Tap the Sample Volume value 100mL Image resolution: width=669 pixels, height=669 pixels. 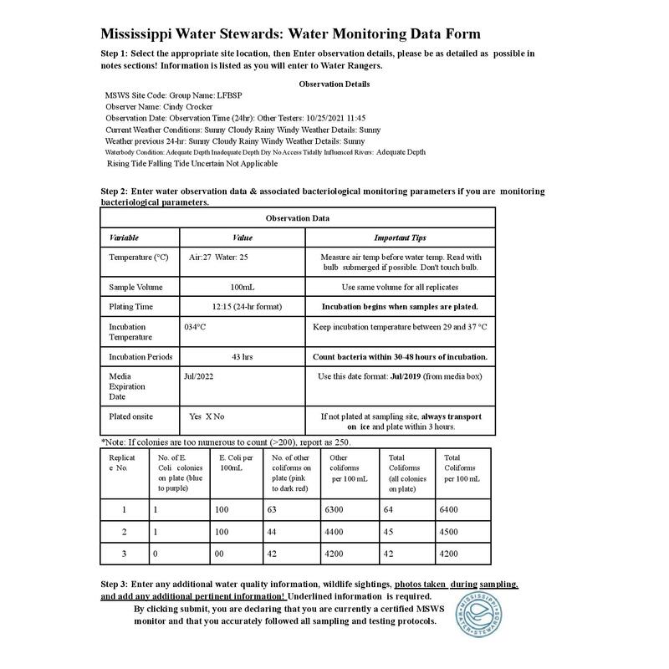tap(242, 287)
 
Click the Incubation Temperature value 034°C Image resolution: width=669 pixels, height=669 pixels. tap(195, 327)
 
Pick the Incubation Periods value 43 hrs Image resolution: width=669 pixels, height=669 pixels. tap(242, 356)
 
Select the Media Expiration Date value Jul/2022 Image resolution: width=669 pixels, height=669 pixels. tap(198, 376)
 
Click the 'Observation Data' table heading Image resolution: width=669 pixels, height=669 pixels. tap(298, 218)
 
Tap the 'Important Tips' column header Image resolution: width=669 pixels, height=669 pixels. tap(400, 237)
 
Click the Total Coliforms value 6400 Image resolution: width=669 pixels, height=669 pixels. tap(449, 508)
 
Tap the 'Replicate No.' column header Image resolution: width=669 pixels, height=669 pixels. tap(124, 463)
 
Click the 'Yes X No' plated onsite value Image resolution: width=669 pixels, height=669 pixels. tap(207, 416)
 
